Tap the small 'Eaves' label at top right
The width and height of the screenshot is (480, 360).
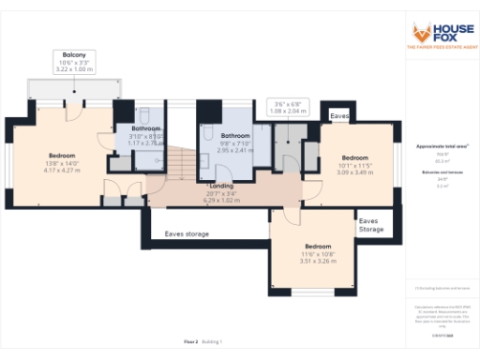point(340,115)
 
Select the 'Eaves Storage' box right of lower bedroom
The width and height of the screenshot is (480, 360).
point(370,225)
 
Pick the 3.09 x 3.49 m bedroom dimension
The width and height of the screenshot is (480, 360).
point(355,173)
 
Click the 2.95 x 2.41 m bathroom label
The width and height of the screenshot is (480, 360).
point(236,149)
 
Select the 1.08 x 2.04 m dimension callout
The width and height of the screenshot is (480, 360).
point(286,110)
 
